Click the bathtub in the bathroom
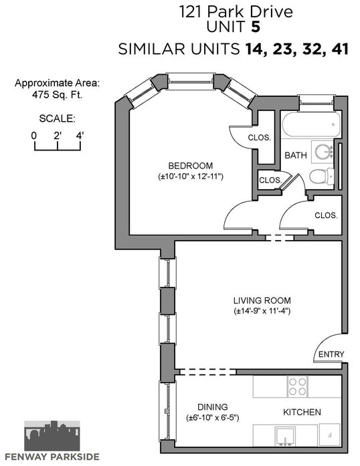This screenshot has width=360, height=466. pos(311,124)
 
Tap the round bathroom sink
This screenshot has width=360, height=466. pos(323,152)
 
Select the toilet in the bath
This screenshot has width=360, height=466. pos(322,177)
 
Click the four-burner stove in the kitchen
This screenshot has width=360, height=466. pos(298,386)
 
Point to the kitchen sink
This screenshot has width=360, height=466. pos(285,436)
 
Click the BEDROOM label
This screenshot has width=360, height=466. pos(191,166)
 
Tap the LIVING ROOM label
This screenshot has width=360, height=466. pos(262,300)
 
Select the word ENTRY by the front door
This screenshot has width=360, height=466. pos(331,354)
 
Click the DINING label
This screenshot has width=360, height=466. pos(213,407)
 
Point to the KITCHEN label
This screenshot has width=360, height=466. pos(302,413)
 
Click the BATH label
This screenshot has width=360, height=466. pos(296,155)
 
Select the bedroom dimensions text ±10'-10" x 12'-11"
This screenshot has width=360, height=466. pos(191,177)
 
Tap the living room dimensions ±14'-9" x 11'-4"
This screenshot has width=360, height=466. pos(262,311)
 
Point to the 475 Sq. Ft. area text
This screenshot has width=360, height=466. pos(57,95)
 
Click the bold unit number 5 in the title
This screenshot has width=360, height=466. pos(256,27)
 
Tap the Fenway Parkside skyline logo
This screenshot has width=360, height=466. pos(52,436)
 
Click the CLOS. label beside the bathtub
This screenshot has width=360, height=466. pos(259,138)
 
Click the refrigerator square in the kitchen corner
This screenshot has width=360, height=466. pos(329,435)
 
